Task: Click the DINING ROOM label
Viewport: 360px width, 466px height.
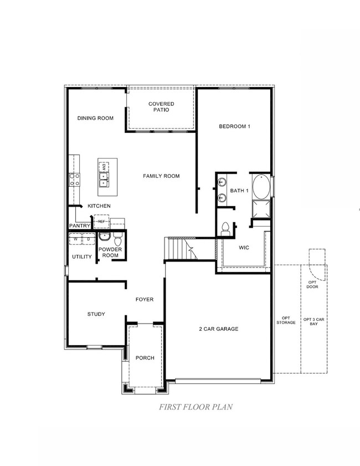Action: tap(95, 118)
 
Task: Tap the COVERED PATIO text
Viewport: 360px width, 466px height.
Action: tap(161, 106)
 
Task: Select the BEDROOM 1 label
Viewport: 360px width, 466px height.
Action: tap(235, 126)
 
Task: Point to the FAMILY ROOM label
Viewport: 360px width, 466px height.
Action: tap(161, 176)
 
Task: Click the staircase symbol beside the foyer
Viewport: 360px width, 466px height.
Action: tap(181, 248)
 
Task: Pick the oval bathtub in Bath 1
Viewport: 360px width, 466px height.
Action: tap(262, 187)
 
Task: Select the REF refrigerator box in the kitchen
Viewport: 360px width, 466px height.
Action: tap(101, 222)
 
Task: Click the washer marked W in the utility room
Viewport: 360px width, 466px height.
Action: tap(76, 239)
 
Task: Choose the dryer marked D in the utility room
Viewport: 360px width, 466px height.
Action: tap(88, 239)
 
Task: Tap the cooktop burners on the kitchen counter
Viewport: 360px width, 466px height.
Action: tap(74, 179)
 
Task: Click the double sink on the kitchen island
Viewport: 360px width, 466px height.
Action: tap(104, 179)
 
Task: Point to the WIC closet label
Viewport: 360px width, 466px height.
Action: tap(244, 248)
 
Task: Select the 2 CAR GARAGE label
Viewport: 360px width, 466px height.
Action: tap(219, 329)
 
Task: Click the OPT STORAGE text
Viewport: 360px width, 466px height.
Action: tap(286, 320)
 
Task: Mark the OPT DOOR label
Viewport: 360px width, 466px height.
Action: tap(313, 284)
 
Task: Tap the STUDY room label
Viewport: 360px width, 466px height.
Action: tap(96, 314)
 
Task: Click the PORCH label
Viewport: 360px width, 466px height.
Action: tap(145, 358)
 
